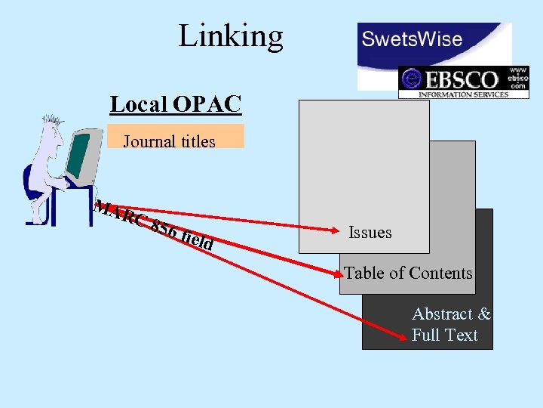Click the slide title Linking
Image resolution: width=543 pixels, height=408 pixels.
[231, 36]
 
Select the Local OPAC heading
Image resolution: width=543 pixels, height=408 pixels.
[176, 104]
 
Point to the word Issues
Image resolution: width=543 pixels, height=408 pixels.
[370, 233]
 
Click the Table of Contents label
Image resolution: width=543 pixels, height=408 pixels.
[408, 274]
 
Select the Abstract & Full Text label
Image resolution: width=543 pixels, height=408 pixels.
[450, 325]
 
